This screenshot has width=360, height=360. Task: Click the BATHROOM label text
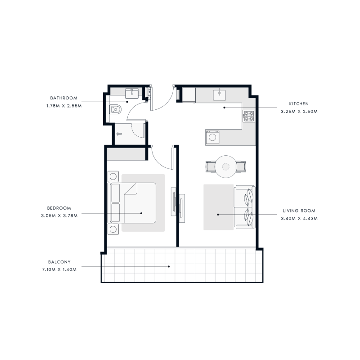pyautogui.click(x=63, y=98)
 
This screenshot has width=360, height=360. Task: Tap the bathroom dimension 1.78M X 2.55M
pyautogui.click(x=63, y=106)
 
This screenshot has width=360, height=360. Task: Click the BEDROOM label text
pyautogui.click(x=59, y=208)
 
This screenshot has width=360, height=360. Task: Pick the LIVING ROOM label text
pyautogui.click(x=299, y=211)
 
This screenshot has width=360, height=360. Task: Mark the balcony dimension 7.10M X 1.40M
pyautogui.click(x=61, y=270)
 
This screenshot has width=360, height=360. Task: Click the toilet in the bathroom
pyautogui.click(x=116, y=109)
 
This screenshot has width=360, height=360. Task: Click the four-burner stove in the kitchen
pyautogui.click(x=249, y=116)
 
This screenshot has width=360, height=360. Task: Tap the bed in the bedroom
pyautogui.click(x=137, y=202)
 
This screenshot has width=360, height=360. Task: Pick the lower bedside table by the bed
pyautogui.click(x=113, y=229)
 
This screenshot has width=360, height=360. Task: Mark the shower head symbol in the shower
pyautogui.click(x=119, y=134)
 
